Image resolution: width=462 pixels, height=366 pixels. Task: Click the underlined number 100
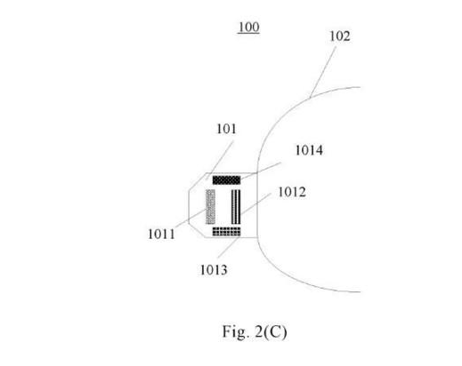[248, 28]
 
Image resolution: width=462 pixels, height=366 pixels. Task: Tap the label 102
[340, 36]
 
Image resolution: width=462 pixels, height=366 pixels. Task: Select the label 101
[226, 129]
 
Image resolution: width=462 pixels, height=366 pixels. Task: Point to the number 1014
[309, 150]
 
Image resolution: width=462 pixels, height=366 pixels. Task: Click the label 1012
[292, 192]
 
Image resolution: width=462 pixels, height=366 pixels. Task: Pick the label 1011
[161, 235]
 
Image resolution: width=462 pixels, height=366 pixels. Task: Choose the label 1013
[214, 270]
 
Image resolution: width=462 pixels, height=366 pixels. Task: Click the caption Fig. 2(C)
[255, 331]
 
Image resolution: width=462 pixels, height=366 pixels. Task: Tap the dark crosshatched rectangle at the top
[226, 180]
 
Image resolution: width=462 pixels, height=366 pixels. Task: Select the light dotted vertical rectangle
[211, 207]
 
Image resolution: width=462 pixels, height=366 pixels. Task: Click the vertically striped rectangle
[236, 207]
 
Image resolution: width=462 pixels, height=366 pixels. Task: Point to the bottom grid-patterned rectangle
[226, 232]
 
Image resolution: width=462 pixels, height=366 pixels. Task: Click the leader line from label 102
[323, 72]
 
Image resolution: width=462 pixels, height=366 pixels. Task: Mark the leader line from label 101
[220, 160]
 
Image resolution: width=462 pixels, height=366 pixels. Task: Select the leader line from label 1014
[261, 171]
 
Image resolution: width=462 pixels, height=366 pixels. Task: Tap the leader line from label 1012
[255, 203]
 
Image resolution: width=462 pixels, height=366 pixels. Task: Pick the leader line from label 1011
[193, 218]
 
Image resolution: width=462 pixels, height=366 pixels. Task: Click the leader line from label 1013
[229, 246]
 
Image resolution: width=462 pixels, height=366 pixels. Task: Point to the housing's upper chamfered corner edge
[198, 181]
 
